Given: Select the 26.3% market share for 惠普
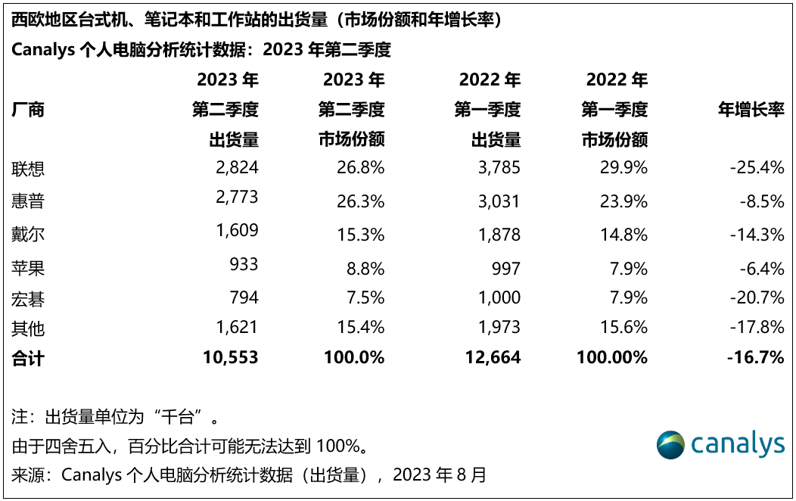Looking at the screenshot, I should point(360,201).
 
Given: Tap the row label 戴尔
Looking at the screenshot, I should point(28,234).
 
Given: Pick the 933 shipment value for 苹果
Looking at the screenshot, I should point(244,264).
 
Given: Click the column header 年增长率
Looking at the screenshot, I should point(751,110).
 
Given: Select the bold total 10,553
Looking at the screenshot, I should point(231,358).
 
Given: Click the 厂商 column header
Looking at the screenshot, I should point(28,110).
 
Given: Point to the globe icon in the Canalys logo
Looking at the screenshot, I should point(670,444).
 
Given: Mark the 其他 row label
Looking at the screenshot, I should point(28,328).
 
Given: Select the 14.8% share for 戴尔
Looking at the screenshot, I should point(623,234).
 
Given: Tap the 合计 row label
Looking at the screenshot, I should point(28,358).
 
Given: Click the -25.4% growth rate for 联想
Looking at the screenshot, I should point(757,167).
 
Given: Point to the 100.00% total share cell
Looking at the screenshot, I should point(612,358).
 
